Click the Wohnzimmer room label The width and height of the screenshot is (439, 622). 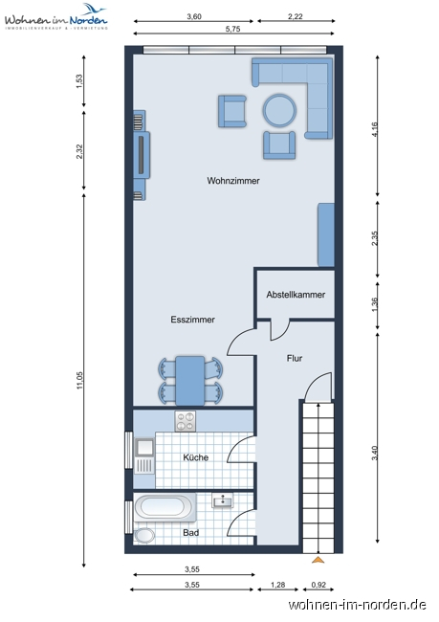tap(233, 181)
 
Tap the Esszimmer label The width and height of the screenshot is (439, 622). tap(193, 320)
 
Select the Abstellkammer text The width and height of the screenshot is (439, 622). tap(296, 295)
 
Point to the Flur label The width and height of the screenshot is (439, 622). tap(295, 358)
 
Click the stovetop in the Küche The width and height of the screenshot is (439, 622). tap(186, 421)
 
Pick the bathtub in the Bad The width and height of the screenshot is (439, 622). tap(165, 507)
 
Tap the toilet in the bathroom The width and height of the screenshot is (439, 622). tap(144, 536)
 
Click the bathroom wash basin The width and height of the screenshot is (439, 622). tap(223, 500)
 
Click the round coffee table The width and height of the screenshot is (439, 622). tap(279, 110)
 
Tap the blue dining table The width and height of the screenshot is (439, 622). tap(190, 381)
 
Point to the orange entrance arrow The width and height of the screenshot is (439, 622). tap(318, 560)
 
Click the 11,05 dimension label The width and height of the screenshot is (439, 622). tap(79, 380)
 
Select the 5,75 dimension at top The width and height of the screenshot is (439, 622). tap(232, 29)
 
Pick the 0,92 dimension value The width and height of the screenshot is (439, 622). tap(318, 585)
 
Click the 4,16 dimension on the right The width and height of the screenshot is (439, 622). tap(375, 129)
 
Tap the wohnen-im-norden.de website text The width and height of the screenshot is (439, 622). tap(358, 605)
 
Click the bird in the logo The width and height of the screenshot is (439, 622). tap(96, 9)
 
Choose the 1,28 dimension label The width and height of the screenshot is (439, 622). tap(277, 585)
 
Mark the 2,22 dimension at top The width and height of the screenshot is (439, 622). tap(295, 16)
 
